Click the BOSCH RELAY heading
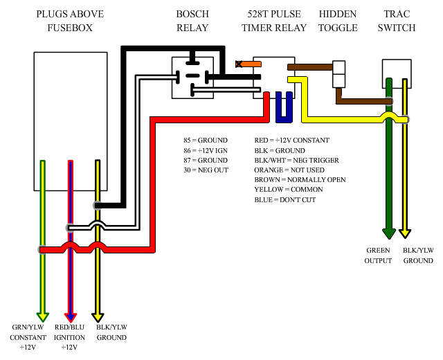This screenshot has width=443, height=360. [x=192, y=21]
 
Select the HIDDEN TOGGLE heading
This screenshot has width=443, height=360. [x=338, y=21]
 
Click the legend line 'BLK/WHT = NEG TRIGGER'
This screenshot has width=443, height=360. [x=296, y=160]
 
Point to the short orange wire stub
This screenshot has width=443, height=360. [x=250, y=64]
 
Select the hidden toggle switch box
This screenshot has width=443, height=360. [x=338, y=74]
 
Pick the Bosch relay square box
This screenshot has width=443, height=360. [x=192, y=78]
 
